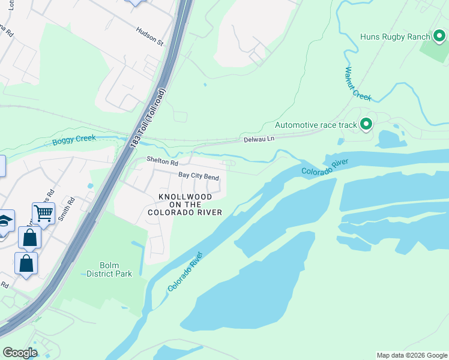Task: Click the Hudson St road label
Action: tap(149, 37)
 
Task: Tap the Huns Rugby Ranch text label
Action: tap(396, 37)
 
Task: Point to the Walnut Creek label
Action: tap(357, 83)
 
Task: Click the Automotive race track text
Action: tap(315, 125)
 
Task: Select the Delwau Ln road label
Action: tap(259, 139)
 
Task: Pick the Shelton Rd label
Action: tap(163, 163)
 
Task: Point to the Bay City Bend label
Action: tap(199, 176)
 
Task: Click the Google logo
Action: tap(20, 353)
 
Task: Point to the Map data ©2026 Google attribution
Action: tap(411, 355)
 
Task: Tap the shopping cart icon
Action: tap(43, 212)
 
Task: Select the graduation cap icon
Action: tap(5, 221)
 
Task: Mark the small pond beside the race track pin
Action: tap(389, 139)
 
